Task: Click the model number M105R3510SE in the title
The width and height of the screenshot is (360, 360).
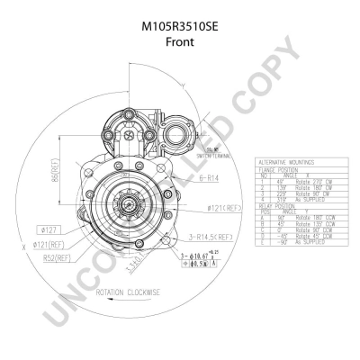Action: pos(179,27)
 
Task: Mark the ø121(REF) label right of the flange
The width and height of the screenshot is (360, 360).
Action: pos(224,208)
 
